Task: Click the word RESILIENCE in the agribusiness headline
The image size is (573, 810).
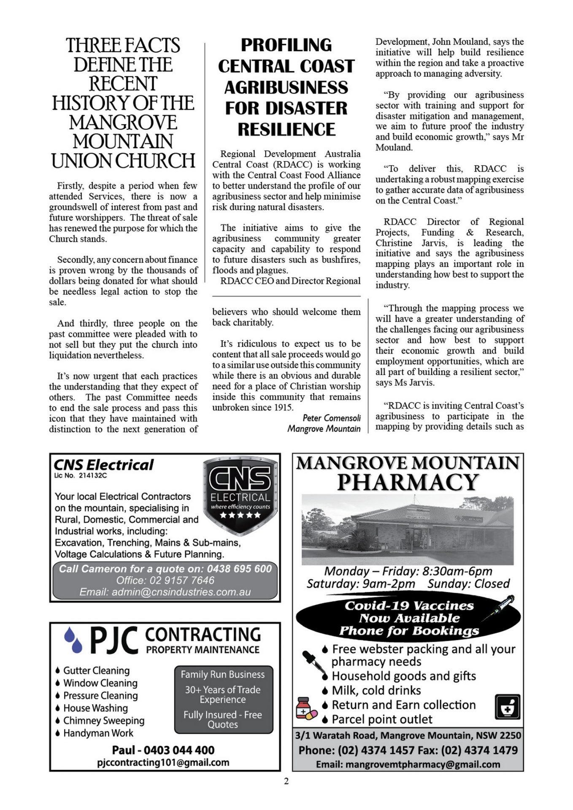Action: click(286, 130)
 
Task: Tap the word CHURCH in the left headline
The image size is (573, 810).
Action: click(156, 161)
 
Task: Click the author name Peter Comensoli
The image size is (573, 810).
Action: click(332, 418)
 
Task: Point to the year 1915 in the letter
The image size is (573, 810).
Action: click(282, 408)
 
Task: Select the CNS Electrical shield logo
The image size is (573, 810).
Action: click(241, 494)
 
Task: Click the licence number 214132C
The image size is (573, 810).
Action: click(93, 475)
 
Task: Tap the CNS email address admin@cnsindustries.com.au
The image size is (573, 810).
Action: click(165, 592)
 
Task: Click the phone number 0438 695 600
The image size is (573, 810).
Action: click(239, 569)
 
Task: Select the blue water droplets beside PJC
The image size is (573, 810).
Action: click(73, 640)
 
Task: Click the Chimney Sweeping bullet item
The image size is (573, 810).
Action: click(104, 721)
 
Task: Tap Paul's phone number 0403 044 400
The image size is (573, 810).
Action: click(179, 750)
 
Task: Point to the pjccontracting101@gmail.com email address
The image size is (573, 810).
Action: click(163, 762)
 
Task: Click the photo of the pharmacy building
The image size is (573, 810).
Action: click(408, 529)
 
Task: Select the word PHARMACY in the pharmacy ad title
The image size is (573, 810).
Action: click(408, 482)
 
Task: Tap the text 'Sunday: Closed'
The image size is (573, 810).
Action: click(468, 583)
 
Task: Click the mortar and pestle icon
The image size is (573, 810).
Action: click(508, 707)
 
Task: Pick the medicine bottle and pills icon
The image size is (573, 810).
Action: click(306, 708)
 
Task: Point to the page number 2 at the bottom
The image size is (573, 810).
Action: click(286, 781)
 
